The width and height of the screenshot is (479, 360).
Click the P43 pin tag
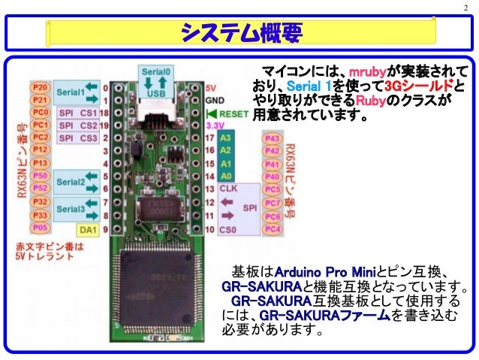(273, 138)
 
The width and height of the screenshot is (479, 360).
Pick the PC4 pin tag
(273, 227)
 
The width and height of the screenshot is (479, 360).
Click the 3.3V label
(216, 126)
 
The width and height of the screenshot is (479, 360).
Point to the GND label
(215, 99)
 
